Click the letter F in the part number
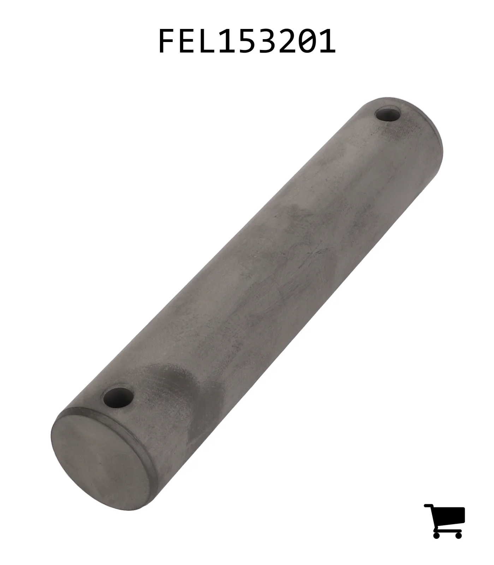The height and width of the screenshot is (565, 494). pos(167,41)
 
